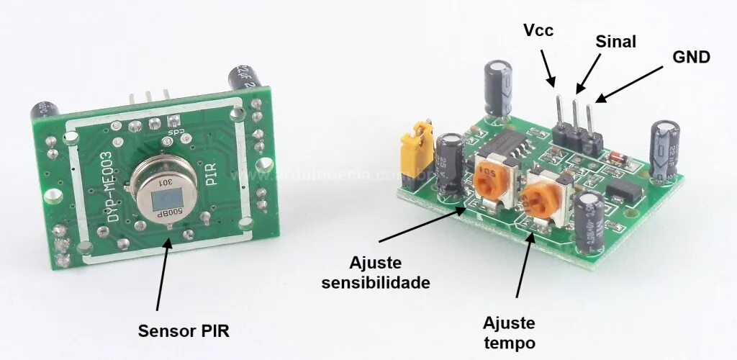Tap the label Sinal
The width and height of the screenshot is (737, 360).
(615, 42)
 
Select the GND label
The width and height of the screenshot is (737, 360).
(691, 57)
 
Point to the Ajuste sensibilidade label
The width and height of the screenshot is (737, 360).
(376, 272)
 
